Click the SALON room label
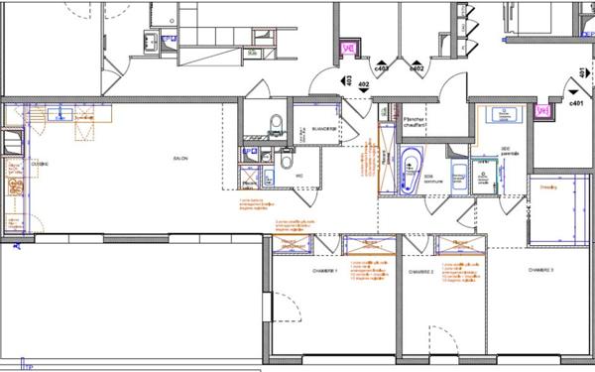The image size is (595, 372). pos(181,159)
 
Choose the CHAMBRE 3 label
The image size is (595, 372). pos(540,270)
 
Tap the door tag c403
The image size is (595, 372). pos(382,68)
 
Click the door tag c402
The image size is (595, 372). pos(417,68)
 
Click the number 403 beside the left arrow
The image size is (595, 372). pos(363,86)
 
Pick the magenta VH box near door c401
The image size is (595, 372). pos(542,111)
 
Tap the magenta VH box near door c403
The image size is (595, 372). pos(348,47)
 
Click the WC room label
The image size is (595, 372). pos(298,177)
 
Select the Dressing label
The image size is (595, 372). pos(546,186)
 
